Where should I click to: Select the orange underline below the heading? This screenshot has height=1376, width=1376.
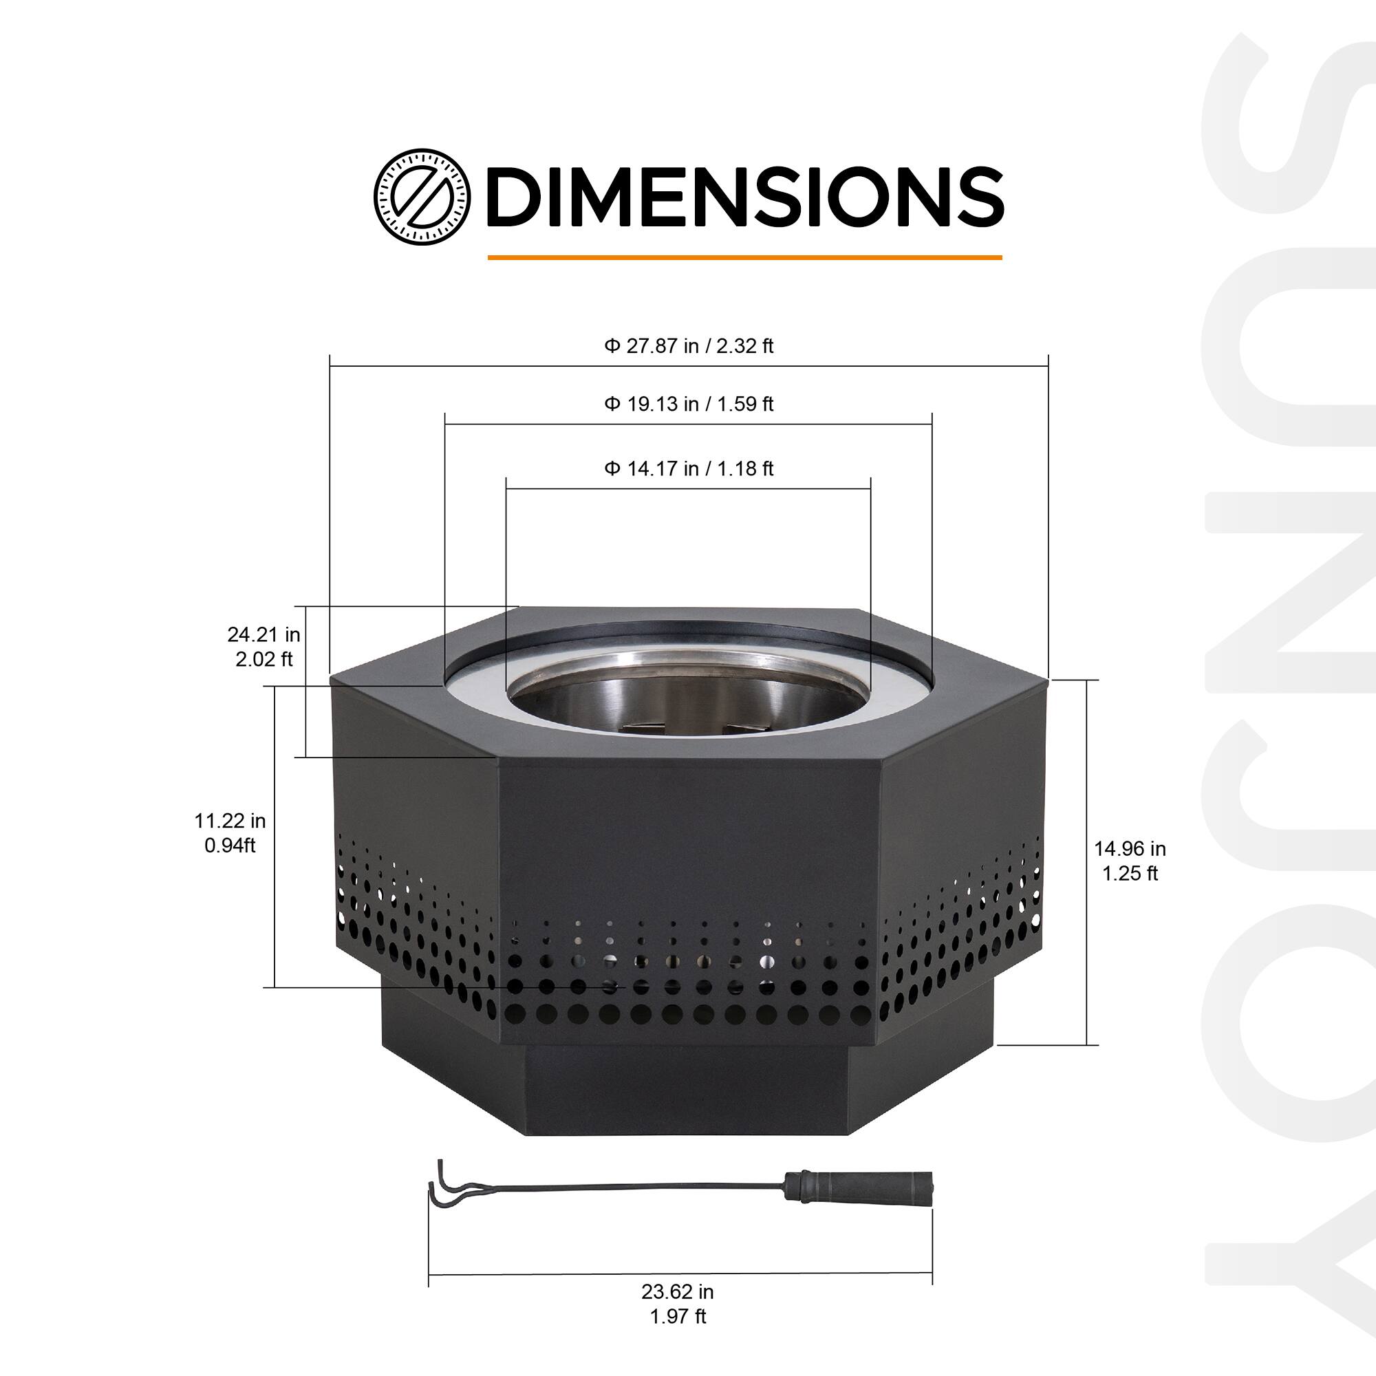[x=745, y=257]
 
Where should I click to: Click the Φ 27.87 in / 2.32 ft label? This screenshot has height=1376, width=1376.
[x=689, y=346]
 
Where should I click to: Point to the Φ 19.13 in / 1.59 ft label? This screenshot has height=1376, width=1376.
[x=689, y=405]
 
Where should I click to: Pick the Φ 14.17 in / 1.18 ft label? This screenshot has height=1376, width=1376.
[x=689, y=469]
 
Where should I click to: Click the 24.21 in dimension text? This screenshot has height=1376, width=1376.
[x=264, y=634]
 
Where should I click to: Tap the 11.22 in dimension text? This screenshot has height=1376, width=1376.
[x=230, y=821]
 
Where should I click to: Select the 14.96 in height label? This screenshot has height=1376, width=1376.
[x=1130, y=849]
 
